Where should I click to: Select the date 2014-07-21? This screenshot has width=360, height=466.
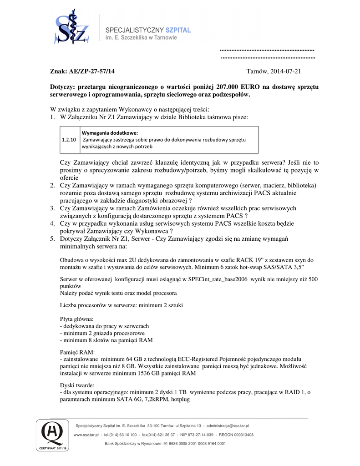(x=286, y=71)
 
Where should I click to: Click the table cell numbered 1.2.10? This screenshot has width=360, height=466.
(x=69, y=140)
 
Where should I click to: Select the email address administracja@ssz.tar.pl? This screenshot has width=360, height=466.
(x=228, y=425)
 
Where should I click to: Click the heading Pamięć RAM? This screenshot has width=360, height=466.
(x=77, y=352)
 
